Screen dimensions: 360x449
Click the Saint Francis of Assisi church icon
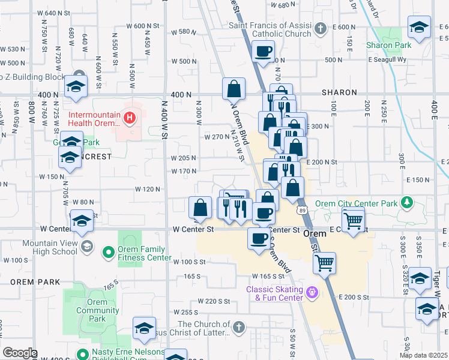tap(321, 28)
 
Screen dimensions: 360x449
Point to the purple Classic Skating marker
tap(312, 292)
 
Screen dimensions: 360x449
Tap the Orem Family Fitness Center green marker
tap(108, 253)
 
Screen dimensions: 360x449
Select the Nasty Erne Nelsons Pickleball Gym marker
tap(82, 353)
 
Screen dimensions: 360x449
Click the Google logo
tap(20, 353)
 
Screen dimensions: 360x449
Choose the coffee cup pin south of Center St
tap(259, 239)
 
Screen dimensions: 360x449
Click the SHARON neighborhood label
tap(339, 93)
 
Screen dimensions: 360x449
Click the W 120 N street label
tap(149, 189)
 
